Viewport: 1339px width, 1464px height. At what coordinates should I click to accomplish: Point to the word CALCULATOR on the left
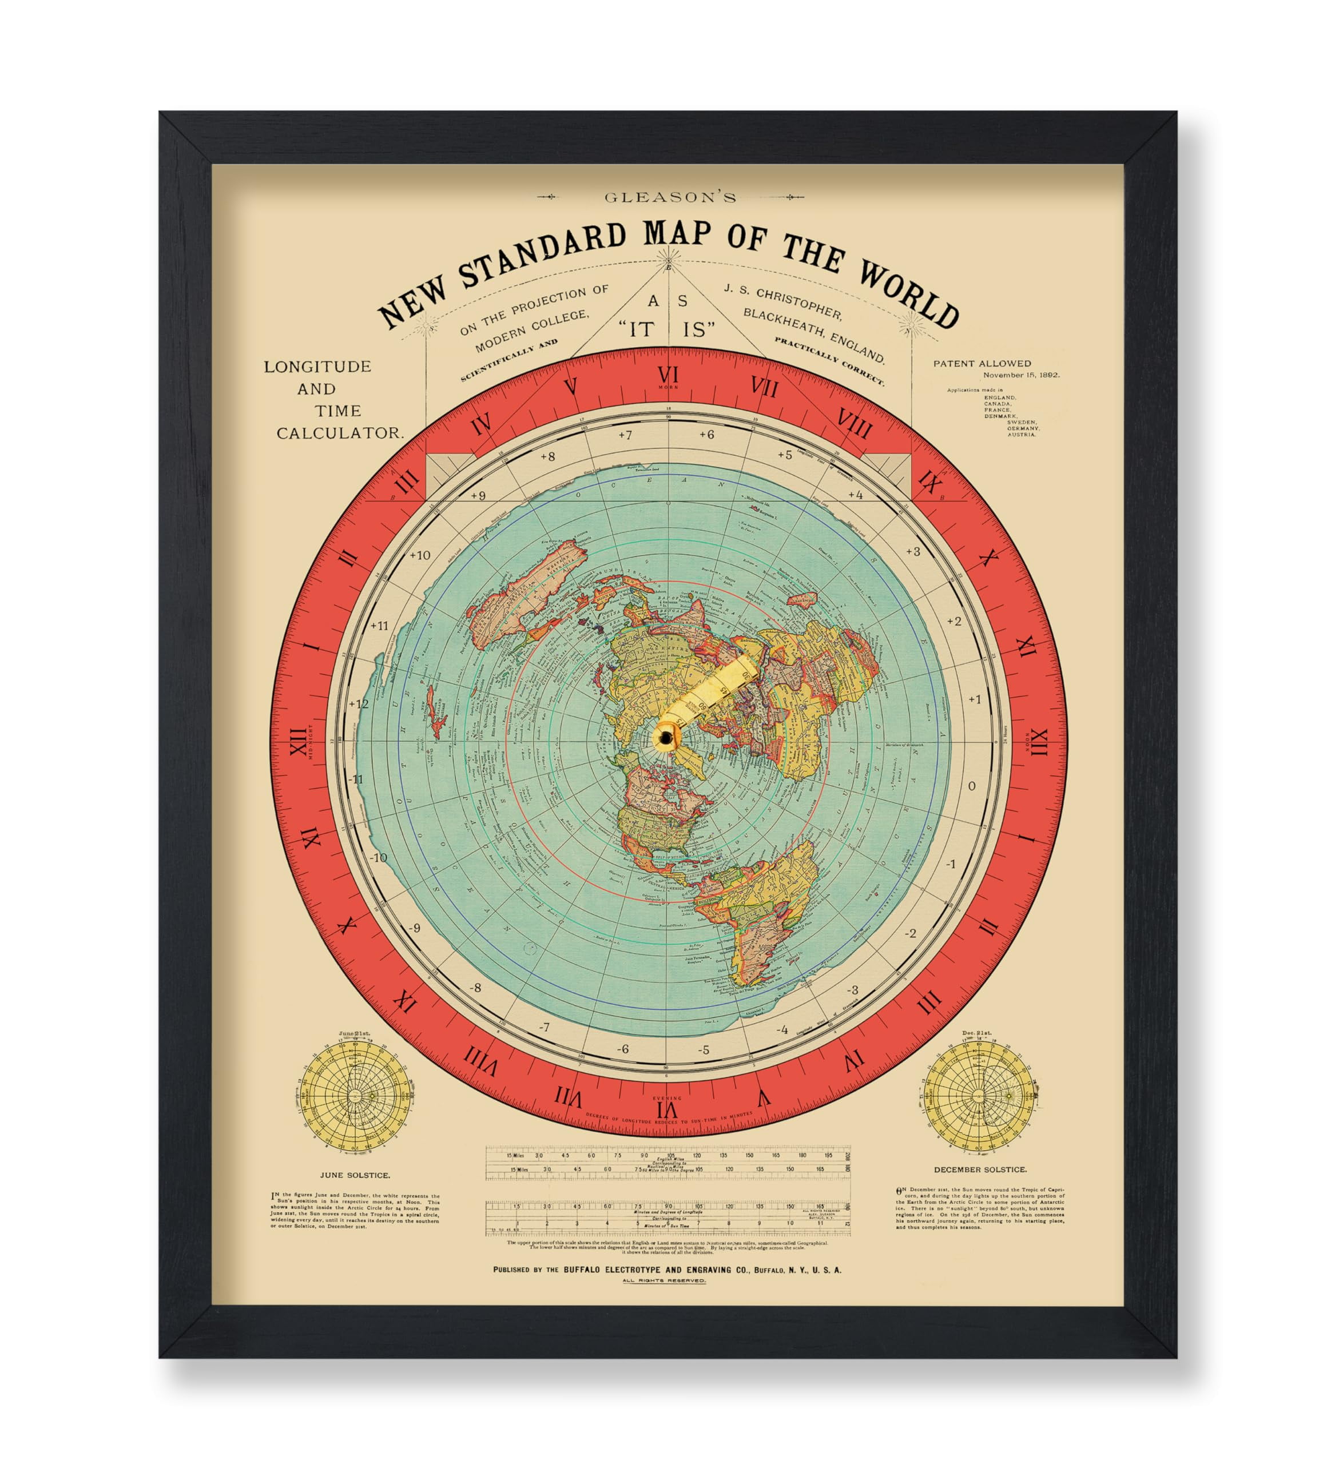339,433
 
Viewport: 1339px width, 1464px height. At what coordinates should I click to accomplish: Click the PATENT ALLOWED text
982,363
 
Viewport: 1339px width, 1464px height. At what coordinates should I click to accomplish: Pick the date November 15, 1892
1021,376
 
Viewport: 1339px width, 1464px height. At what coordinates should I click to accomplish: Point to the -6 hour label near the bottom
622,1049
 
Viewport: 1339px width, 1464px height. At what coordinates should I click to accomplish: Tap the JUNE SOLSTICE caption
355,1174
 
